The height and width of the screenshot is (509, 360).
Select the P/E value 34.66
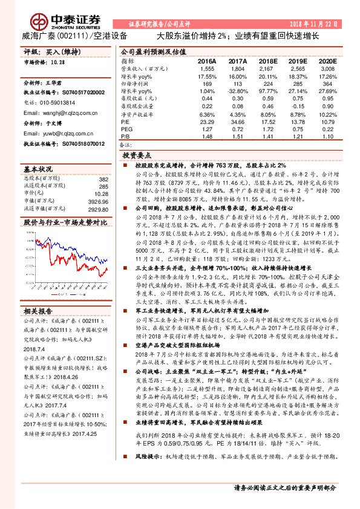[239, 122]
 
